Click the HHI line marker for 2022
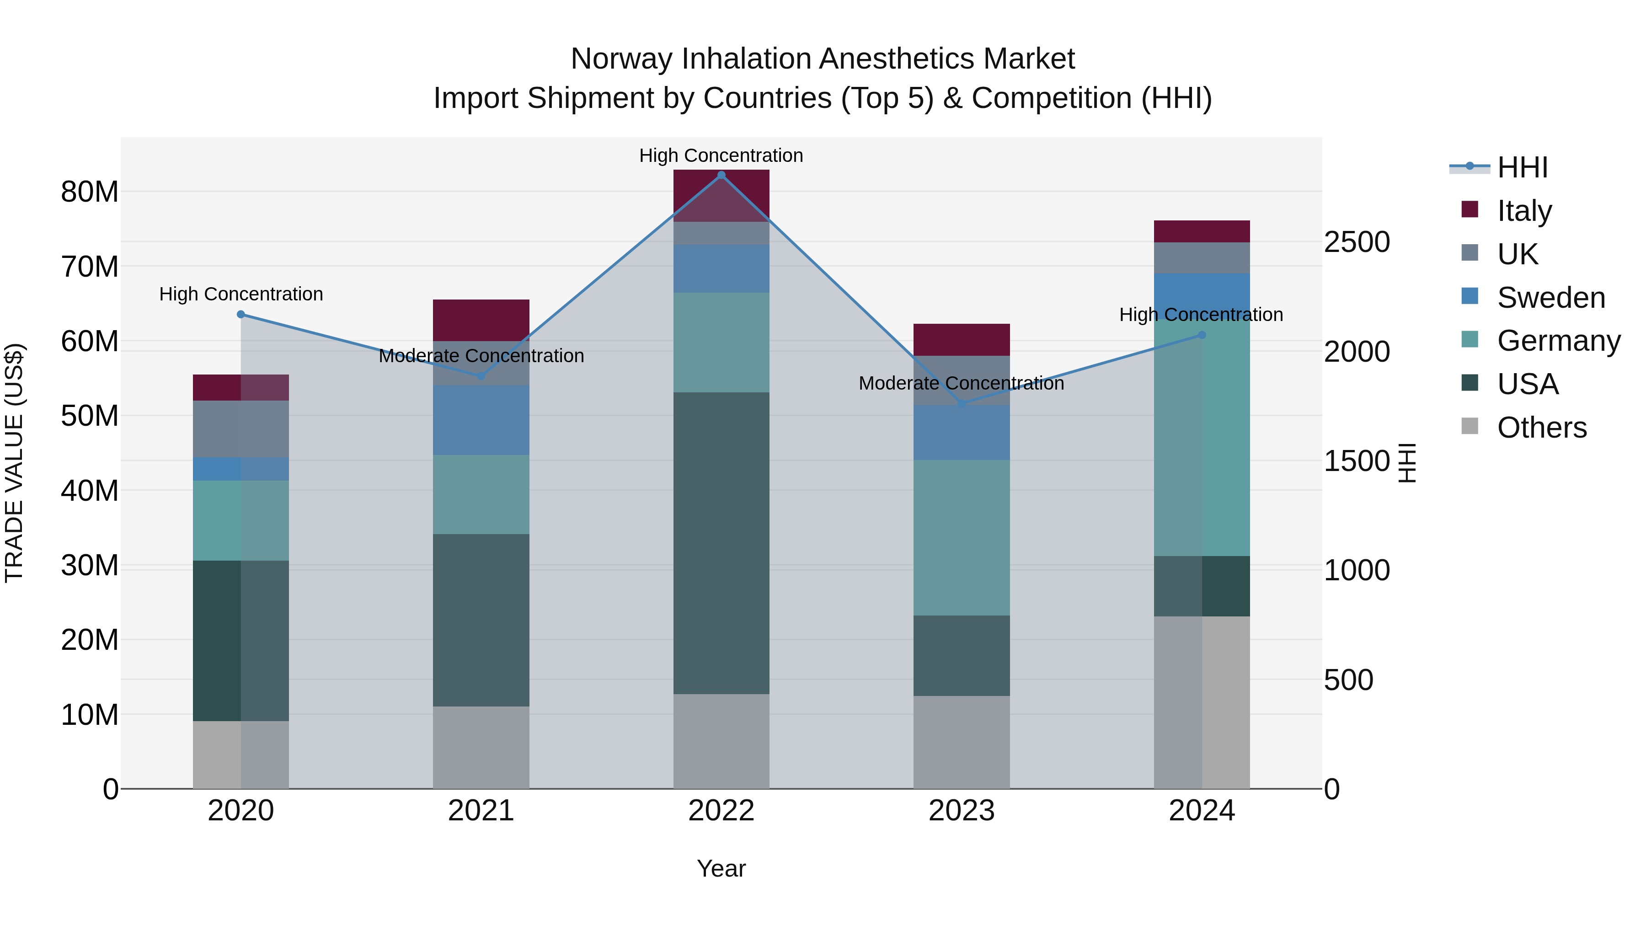coord(721,175)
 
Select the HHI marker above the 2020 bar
coord(241,315)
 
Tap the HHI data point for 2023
coord(962,403)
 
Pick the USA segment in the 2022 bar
coord(721,543)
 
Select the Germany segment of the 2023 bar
coord(962,537)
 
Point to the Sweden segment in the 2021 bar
coord(481,420)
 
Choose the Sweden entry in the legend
coord(1551,298)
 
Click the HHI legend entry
coord(1522,167)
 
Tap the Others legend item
coord(1541,428)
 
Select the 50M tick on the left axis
coord(90,416)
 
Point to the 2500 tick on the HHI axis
coord(1357,242)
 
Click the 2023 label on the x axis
coord(962,811)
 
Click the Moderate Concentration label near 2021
coord(481,356)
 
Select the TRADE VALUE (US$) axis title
coord(14,463)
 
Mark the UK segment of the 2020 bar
coord(241,429)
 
